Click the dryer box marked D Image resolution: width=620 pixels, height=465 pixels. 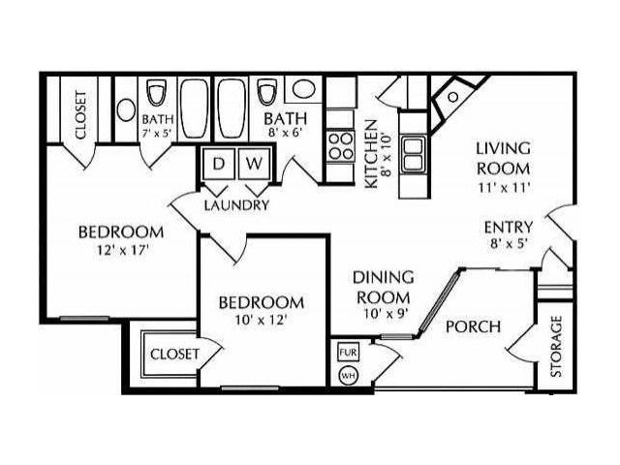tap(218, 164)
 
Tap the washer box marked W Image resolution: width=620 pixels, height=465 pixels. tap(254, 164)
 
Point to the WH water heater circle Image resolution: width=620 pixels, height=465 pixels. tap(348, 375)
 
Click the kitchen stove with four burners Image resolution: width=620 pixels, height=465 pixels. tap(341, 145)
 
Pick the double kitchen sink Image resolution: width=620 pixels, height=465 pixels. tap(414, 154)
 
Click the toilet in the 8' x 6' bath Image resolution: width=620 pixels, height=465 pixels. tap(266, 93)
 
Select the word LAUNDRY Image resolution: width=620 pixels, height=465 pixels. tap(236, 204)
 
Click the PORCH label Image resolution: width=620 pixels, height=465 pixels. tap(474, 326)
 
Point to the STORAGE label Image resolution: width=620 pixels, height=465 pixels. tap(556, 346)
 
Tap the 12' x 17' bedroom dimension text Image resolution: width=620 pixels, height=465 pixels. tap(123, 250)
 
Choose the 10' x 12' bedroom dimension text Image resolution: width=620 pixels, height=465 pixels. tap(261, 320)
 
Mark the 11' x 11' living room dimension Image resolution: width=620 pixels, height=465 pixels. tap(504, 187)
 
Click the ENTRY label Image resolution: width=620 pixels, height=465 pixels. tap(509, 228)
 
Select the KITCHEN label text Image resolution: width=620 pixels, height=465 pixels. tap(371, 154)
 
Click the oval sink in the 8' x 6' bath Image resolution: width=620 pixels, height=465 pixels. tap(303, 88)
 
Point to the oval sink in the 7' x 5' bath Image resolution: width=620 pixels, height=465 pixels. tap(126, 109)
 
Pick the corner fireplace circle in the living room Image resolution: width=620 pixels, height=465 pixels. tap(453, 97)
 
